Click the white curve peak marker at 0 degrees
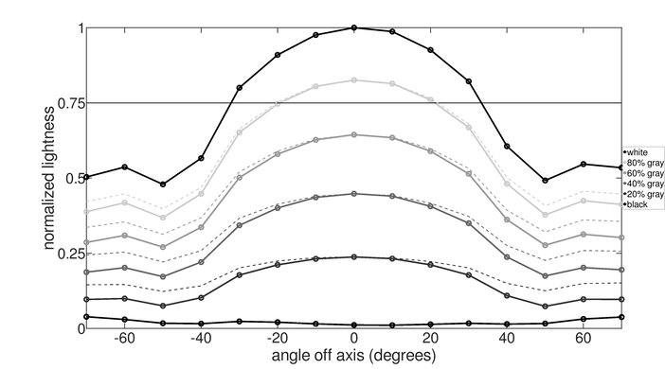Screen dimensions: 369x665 [354, 27]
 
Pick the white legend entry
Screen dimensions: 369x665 [638, 152]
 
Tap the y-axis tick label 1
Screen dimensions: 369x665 [78, 28]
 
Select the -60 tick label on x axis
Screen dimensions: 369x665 [124, 339]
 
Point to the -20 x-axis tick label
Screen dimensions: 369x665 [277, 339]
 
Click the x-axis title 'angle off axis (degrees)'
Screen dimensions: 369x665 [354, 357]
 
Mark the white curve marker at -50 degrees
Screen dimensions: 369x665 [163, 184]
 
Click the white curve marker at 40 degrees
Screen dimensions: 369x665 [507, 147]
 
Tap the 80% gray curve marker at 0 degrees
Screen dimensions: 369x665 [354, 80]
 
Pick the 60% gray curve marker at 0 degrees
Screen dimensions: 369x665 [354, 134]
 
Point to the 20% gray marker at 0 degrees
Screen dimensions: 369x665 [354, 256]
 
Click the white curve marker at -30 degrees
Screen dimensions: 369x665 [240, 87]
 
